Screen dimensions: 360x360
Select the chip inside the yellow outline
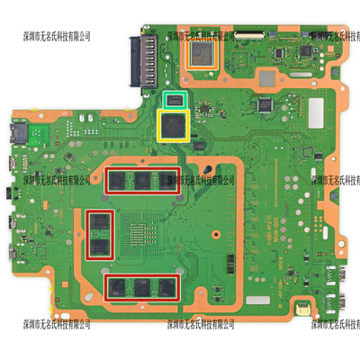174,124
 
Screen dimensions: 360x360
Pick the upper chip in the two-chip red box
99,220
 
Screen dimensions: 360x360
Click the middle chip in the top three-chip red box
143,179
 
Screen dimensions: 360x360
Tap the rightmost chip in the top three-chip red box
166,179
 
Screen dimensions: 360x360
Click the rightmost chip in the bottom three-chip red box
166,288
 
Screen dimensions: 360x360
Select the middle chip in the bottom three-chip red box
143,288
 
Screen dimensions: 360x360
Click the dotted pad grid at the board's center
144,234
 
